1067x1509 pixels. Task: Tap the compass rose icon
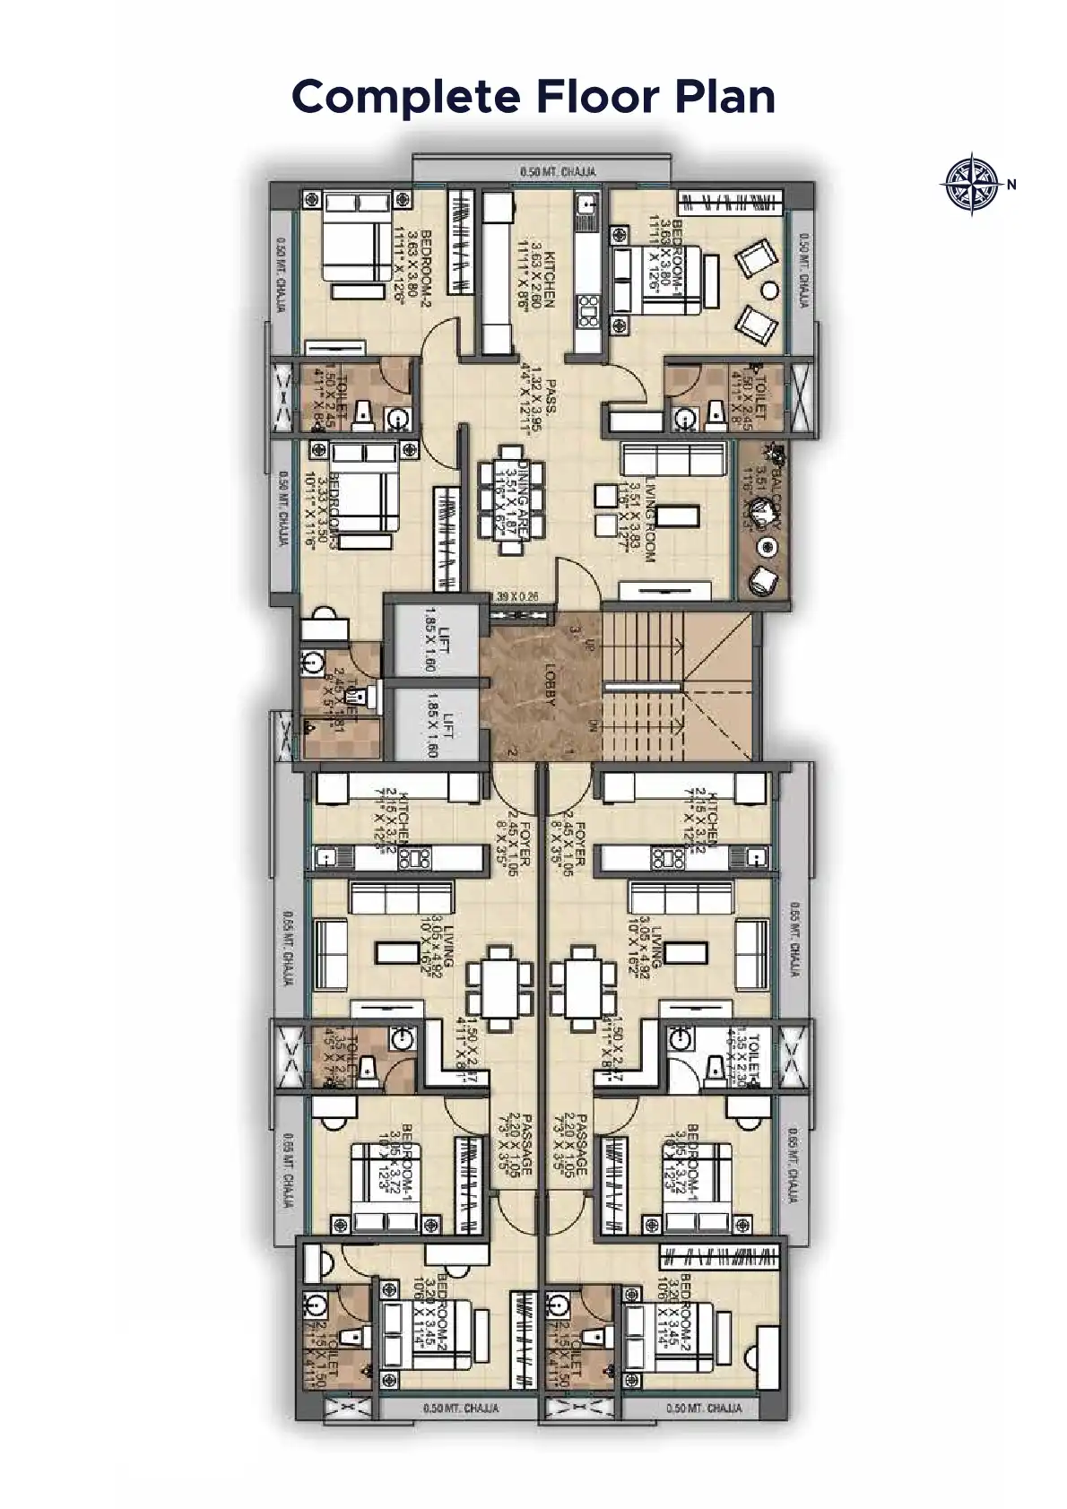point(971,185)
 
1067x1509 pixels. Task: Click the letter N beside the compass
point(1011,186)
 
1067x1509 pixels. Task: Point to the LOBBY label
point(551,684)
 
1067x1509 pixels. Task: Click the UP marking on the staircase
point(589,644)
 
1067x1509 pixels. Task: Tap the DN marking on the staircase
point(592,725)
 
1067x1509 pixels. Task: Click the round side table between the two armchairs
point(771,289)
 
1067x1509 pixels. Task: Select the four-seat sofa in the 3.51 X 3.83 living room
point(673,460)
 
